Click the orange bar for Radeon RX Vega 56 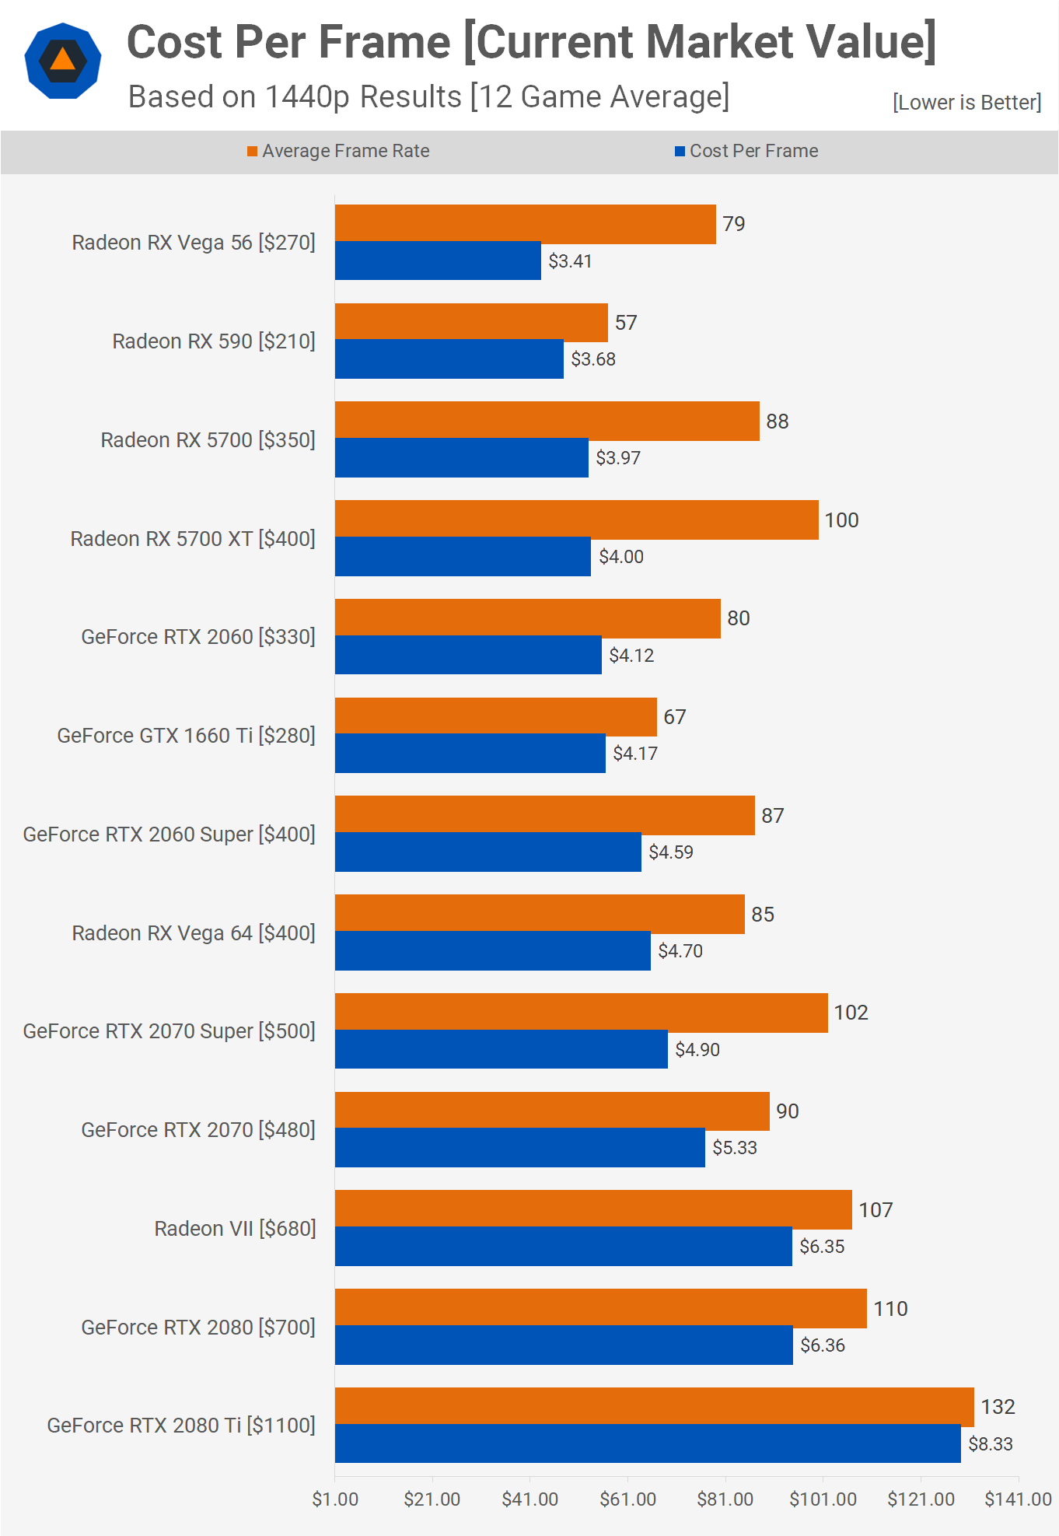coord(525,224)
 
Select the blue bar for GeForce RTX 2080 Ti coord(648,1443)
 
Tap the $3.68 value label coord(592,359)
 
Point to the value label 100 coord(841,520)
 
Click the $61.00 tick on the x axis coord(627,1499)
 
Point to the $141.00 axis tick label coord(1018,1499)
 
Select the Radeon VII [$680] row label coord(235,1229)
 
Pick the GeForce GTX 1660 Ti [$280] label coord(186,736)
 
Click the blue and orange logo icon coord(63,61)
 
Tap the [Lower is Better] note coord(966,103)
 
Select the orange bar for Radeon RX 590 coord(471,323)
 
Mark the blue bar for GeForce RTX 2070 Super coord(501,1049)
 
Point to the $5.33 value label coord(734,1148)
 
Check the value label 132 coord(998,1407)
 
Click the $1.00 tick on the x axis coord(335,1499)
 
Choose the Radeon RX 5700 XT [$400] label coord(193,539)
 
